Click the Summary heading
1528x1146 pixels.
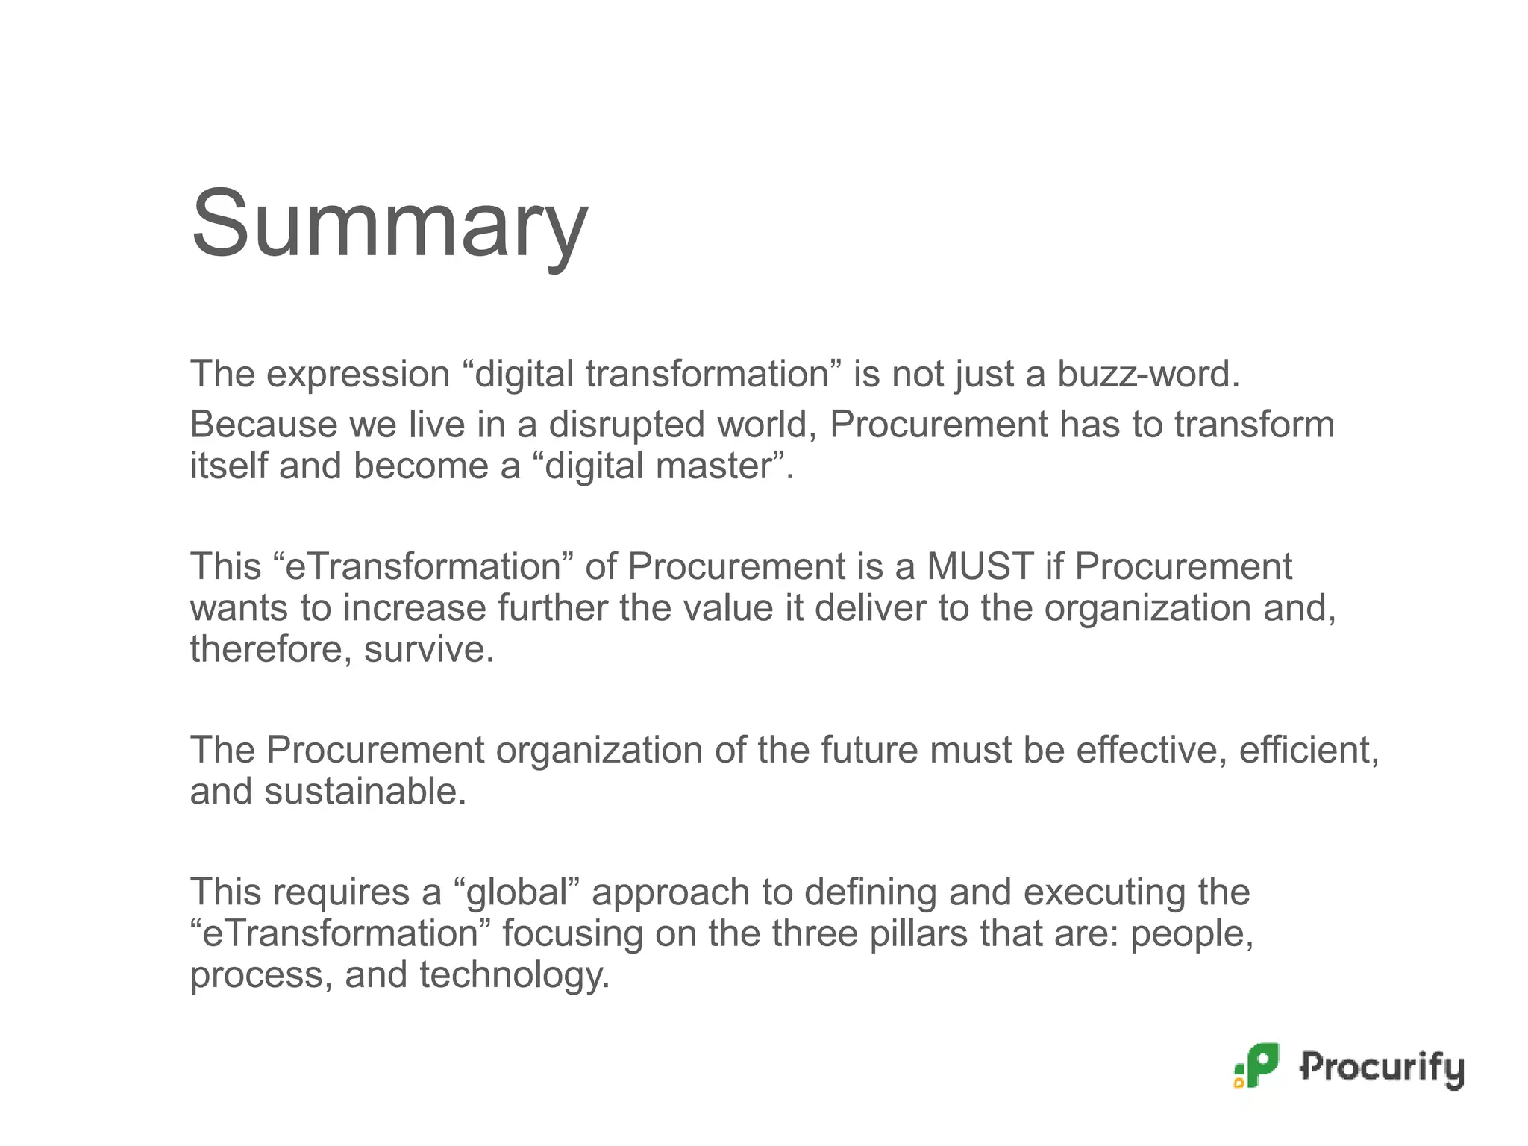click(x=389, y=224)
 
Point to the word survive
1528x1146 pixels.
click(x=428, y=648)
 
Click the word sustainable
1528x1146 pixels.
click(x=364, y=791)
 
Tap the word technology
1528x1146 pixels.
click(x=514, y=974)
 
